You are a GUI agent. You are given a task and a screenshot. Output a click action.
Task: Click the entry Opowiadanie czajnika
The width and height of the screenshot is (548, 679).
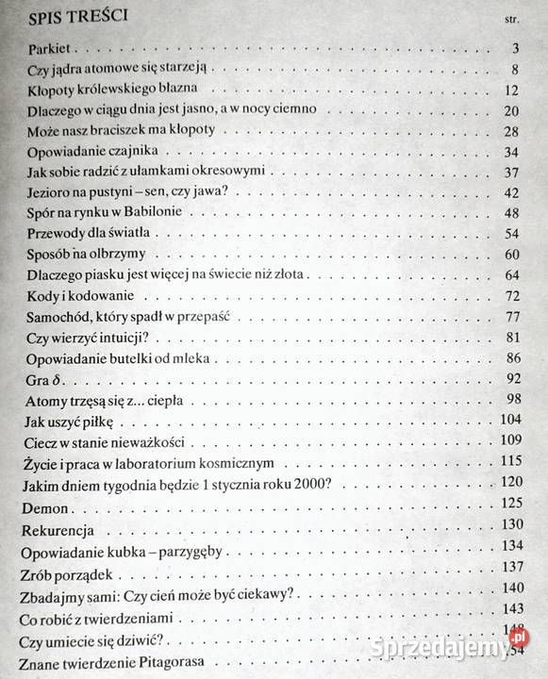click(x=98, y=151)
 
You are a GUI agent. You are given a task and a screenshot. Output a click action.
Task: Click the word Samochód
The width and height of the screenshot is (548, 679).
click(x=58, y=317)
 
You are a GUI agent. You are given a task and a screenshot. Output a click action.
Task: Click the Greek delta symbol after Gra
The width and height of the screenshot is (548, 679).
click(x=52, y=380)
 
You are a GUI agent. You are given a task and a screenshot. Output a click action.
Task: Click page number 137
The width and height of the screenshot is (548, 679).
click(x=509, y=567)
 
